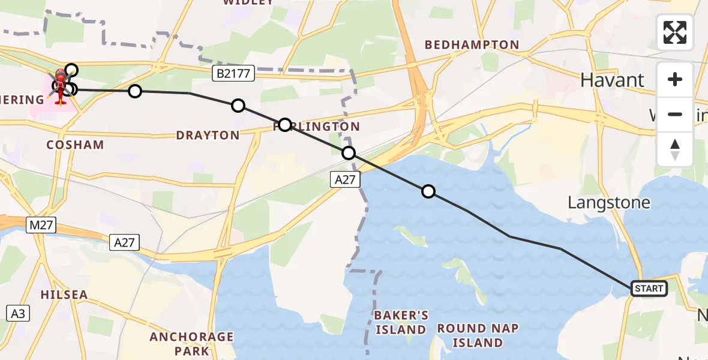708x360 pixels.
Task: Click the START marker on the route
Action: pos(649,289)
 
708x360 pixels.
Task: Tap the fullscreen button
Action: pos(675,32)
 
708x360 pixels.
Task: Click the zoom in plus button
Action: pos(675,80)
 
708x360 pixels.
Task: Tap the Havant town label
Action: pos(612,80)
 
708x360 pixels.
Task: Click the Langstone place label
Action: pos(609,202)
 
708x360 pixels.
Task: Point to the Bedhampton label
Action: pos(472,45)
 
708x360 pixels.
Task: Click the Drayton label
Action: pos(208,135)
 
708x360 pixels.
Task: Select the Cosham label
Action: pos(75,145)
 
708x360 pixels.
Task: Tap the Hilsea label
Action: pos(64,295)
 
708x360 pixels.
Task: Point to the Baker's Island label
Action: pos(400,322)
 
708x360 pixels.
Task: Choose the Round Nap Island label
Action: pos(478,335)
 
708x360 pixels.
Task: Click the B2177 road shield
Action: pos(234,74)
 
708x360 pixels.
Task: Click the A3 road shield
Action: pos(18,313)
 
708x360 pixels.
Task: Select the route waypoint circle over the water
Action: pos(428,191)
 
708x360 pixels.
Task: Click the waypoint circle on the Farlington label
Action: pos(285,125)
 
